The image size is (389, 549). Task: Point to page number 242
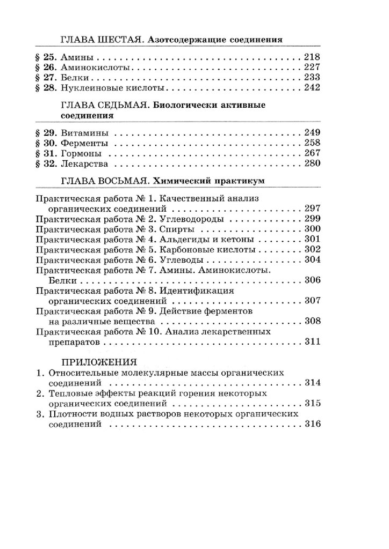click(312, 88)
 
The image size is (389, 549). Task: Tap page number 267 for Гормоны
click(312, 153)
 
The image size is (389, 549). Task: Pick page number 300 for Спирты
click(312, 229)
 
